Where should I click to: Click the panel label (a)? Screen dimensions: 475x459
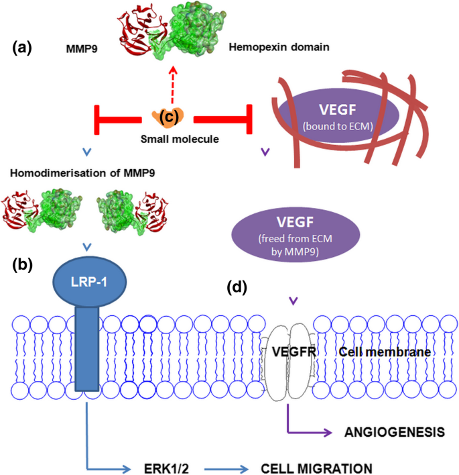(25, 48)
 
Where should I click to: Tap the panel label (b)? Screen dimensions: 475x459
(25, 264)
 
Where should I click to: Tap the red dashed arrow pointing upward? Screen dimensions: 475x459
(172, 85)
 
